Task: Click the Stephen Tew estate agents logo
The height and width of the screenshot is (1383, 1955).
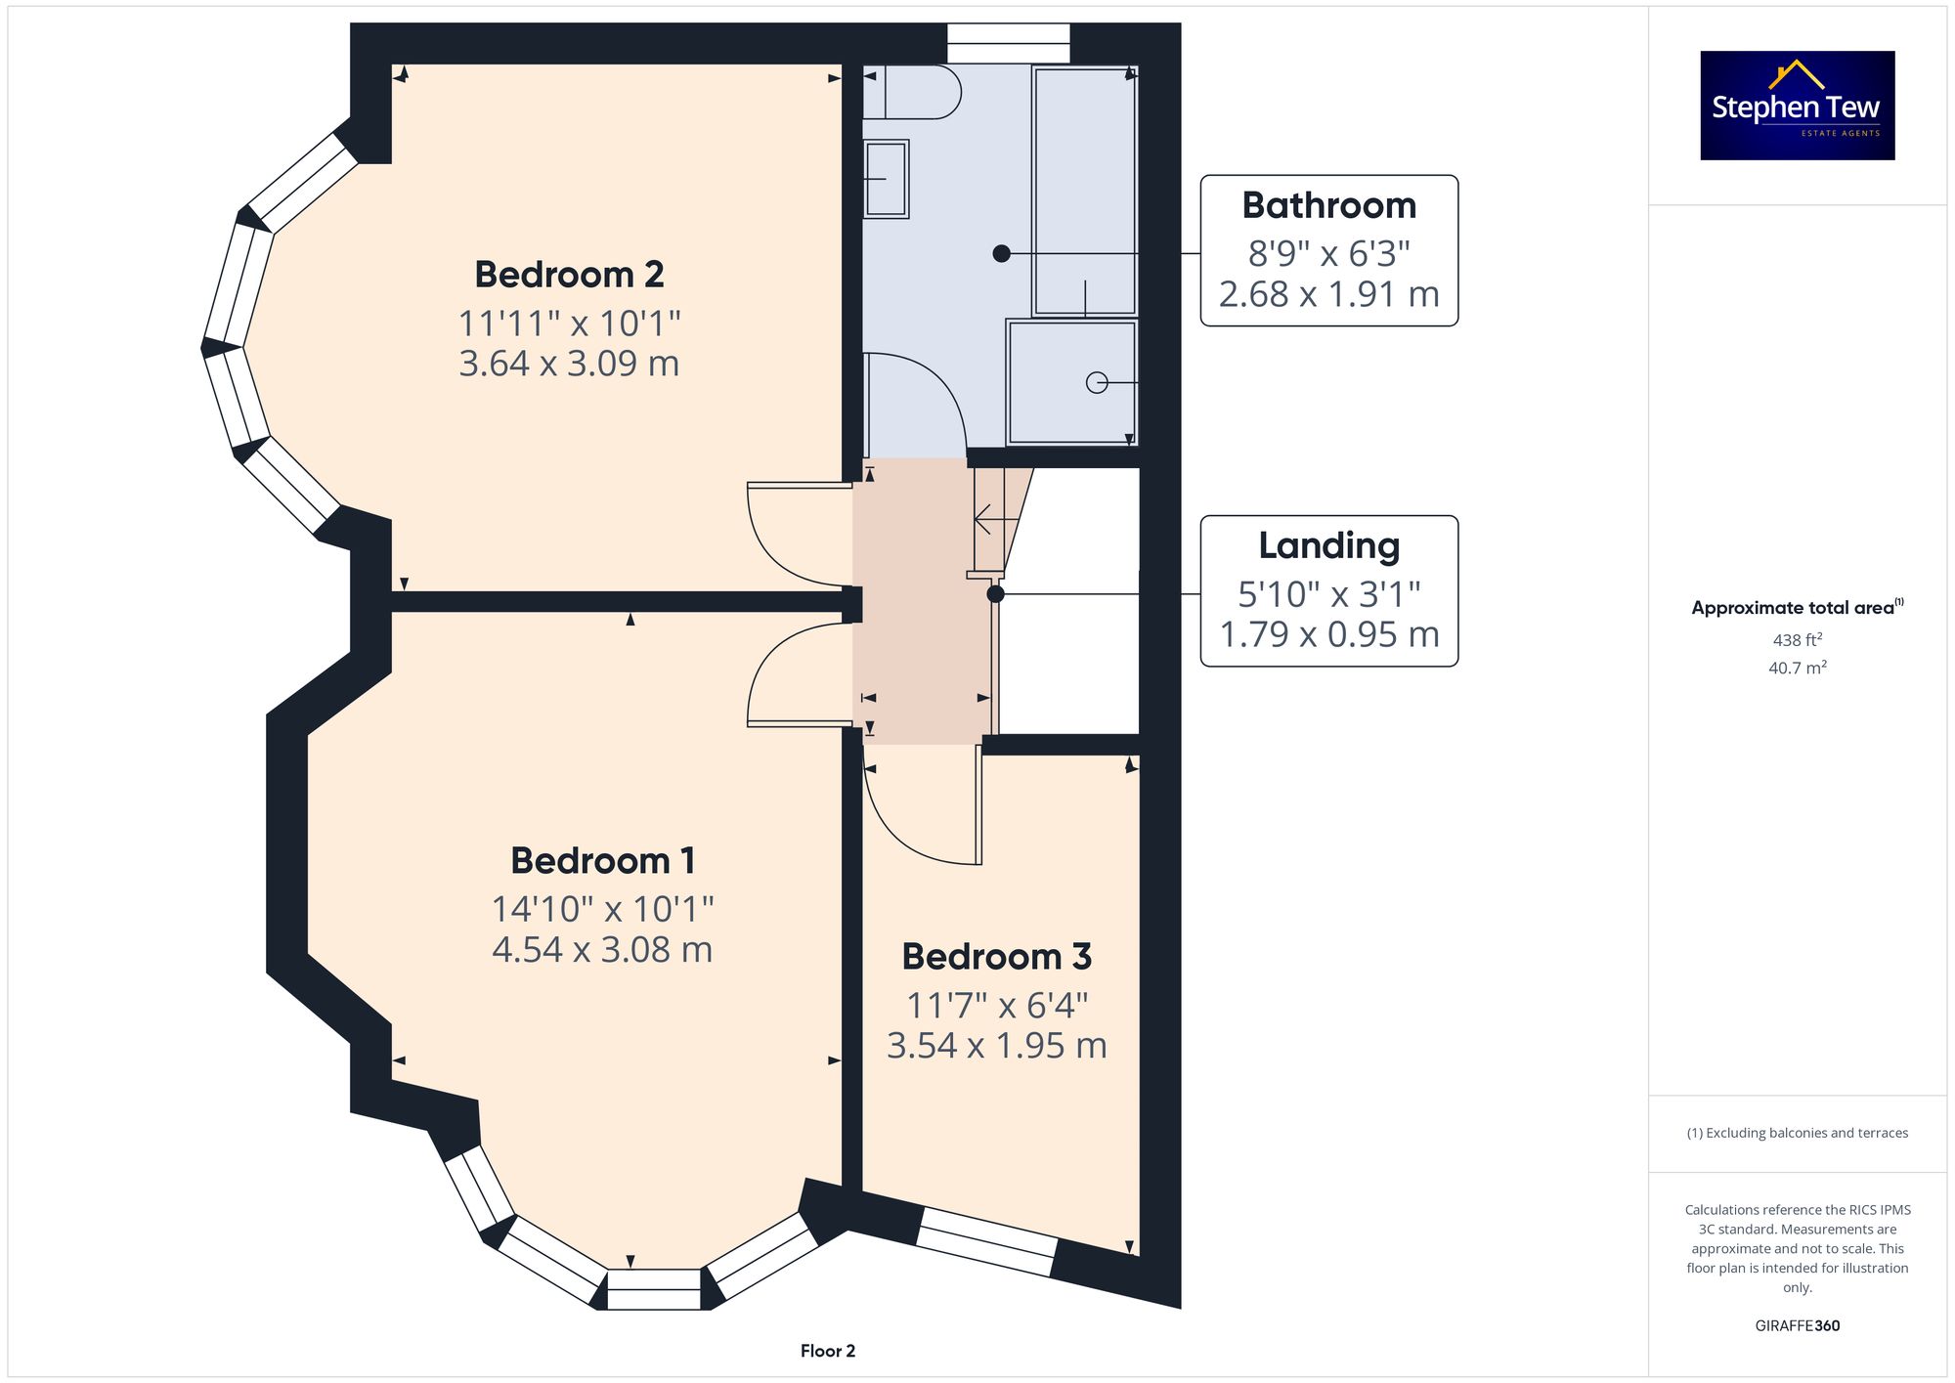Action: click(1798, 106)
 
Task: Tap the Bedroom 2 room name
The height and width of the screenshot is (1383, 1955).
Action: click(569, 275)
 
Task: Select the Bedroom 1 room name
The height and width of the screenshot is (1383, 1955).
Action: click(603, 861)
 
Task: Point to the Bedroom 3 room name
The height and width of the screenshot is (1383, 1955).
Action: click(996, 957)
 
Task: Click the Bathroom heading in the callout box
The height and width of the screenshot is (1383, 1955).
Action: click(1329, 206)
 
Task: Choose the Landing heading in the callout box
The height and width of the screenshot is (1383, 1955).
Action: click(1329, 546)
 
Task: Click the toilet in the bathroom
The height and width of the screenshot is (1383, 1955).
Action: click(912, 92)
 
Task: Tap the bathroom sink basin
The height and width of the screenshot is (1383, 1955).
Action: click(886, 179)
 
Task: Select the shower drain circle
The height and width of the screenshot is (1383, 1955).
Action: click(1097, 383)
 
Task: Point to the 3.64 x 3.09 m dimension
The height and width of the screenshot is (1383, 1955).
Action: click(569, 364)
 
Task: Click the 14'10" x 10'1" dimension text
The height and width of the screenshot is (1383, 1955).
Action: click(603, 910)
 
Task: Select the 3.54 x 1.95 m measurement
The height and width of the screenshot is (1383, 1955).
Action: click(996, 1046)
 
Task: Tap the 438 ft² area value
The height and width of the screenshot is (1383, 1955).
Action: click(1798, 640)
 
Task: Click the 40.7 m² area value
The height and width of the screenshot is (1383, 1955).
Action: click(1798, 668)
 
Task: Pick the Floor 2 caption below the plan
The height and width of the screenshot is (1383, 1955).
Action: click(828, 1351)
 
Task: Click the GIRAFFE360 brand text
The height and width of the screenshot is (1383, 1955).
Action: click(1798, 1326)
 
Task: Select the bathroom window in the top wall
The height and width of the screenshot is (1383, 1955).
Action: click(1009, 43)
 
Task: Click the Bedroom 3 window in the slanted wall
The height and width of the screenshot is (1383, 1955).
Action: click(987, 1242)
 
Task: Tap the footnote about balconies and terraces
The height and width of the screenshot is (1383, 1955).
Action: click(1798, 1133)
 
